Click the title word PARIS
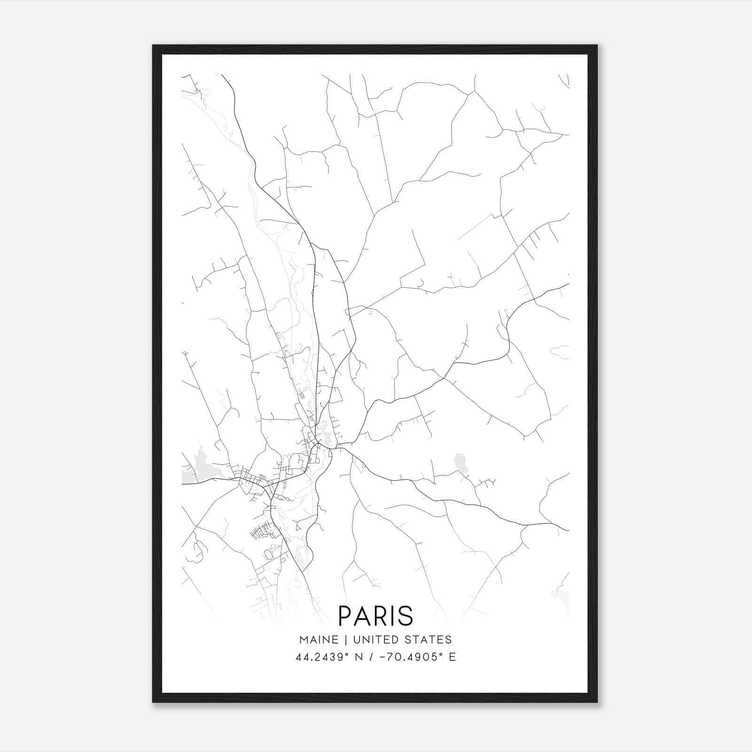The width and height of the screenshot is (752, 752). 376,616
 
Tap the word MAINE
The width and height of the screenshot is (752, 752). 319,640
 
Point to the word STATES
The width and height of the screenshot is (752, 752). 431,640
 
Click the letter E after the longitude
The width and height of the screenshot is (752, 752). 452,657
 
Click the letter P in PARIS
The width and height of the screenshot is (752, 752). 345,616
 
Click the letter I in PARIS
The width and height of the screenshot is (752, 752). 392,616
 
